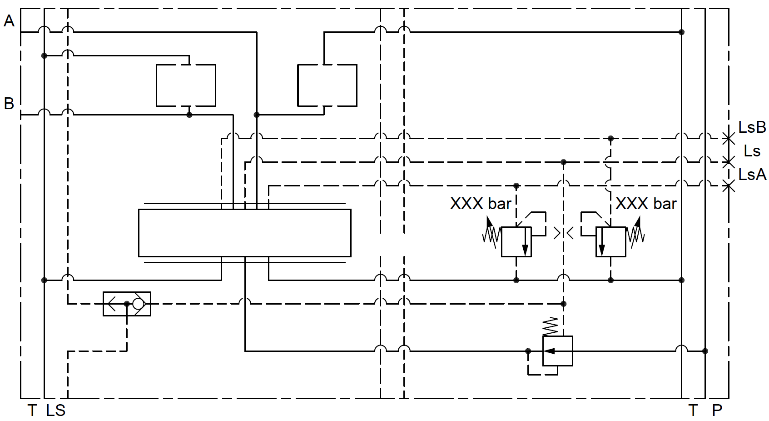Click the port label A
coord(9,21)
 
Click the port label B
coord(9,104)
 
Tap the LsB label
coord(752,128)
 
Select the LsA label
coord(752,175)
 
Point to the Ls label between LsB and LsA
coord(752,151)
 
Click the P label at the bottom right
coord(717,411)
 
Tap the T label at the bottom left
coord(32,411)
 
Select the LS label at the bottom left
coord(56,411)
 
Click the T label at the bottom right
coord(693,411)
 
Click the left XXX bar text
coord(481,204)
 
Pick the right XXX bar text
coord(646,204)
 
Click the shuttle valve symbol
coord(127,304)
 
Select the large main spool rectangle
coord(244,233)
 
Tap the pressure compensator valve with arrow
coord(558,351)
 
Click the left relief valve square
coord(516,242)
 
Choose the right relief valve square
coord(611,242)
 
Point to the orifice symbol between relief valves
coord(564,233)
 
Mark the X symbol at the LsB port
coord(729,138)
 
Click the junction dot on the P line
coord(705,351)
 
